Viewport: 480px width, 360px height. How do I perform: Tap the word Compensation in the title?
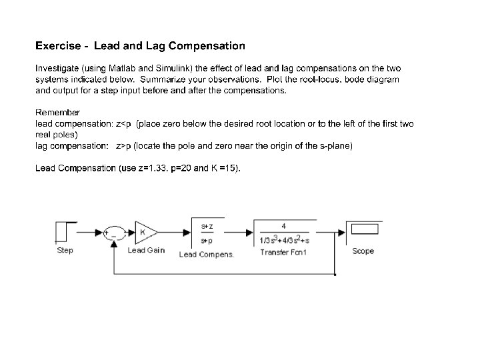click(x=207, y=46)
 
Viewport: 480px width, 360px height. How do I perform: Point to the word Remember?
click(x=57, y=113)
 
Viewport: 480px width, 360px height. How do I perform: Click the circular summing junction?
click(x=113, y=233)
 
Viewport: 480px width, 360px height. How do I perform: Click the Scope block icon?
click(x=363, y=231)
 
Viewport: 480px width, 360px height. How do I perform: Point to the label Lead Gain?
click(x=145, y=251)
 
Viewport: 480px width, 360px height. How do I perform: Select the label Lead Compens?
click(x=207, y=253)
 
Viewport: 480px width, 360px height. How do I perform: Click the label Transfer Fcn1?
click(x=283, y=252)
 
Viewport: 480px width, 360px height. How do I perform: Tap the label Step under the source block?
click(x=65, y=251)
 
